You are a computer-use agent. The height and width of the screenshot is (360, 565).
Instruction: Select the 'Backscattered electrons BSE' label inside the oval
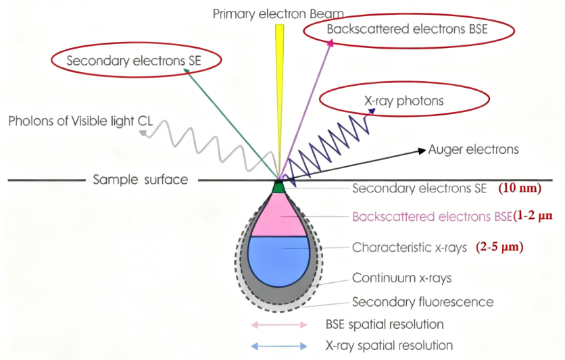407,30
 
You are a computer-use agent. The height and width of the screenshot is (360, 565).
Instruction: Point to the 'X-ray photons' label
403,101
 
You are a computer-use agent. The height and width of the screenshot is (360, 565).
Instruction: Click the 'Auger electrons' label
473,149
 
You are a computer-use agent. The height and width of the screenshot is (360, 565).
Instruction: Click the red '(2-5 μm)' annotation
499,247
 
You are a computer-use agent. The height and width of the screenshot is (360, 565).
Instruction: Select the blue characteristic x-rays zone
278,259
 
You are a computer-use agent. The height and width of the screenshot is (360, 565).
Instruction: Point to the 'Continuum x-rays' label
402,278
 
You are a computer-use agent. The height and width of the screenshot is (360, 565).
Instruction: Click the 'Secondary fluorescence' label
422,302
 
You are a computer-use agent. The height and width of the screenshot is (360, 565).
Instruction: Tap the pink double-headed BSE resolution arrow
279,325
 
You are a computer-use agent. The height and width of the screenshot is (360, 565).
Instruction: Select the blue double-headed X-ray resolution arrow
279,346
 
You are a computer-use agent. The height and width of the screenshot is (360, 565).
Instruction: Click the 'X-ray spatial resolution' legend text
389,346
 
